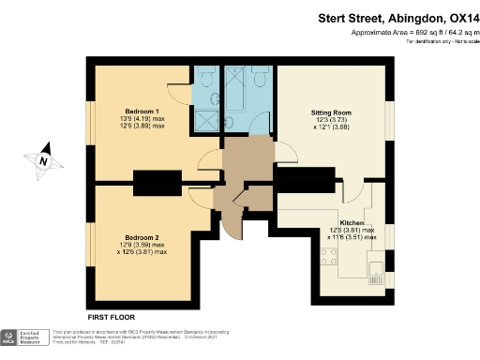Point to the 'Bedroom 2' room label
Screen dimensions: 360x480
tap(140, 237)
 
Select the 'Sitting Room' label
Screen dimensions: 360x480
tap(330, 112)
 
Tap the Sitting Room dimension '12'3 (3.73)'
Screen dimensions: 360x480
tap(330, 121)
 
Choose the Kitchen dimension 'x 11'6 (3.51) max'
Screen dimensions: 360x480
tap(351, 237)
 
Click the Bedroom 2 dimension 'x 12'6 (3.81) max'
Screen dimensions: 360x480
tap(140, 252)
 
